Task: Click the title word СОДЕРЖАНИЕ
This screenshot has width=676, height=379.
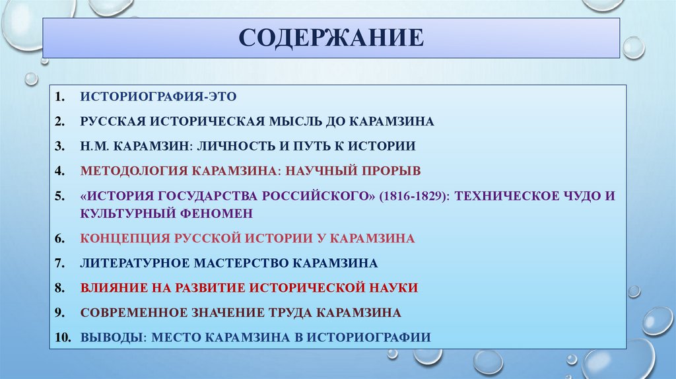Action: pyautogui.click(x=331, y=38)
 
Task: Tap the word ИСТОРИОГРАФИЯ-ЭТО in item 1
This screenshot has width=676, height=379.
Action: pyautogui.click(x=158, y=96)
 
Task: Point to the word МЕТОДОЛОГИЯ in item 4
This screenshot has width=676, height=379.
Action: pyautogui.click(x=134, y=170)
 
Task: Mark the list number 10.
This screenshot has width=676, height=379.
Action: pyautogui.click(x=62, y=337)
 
